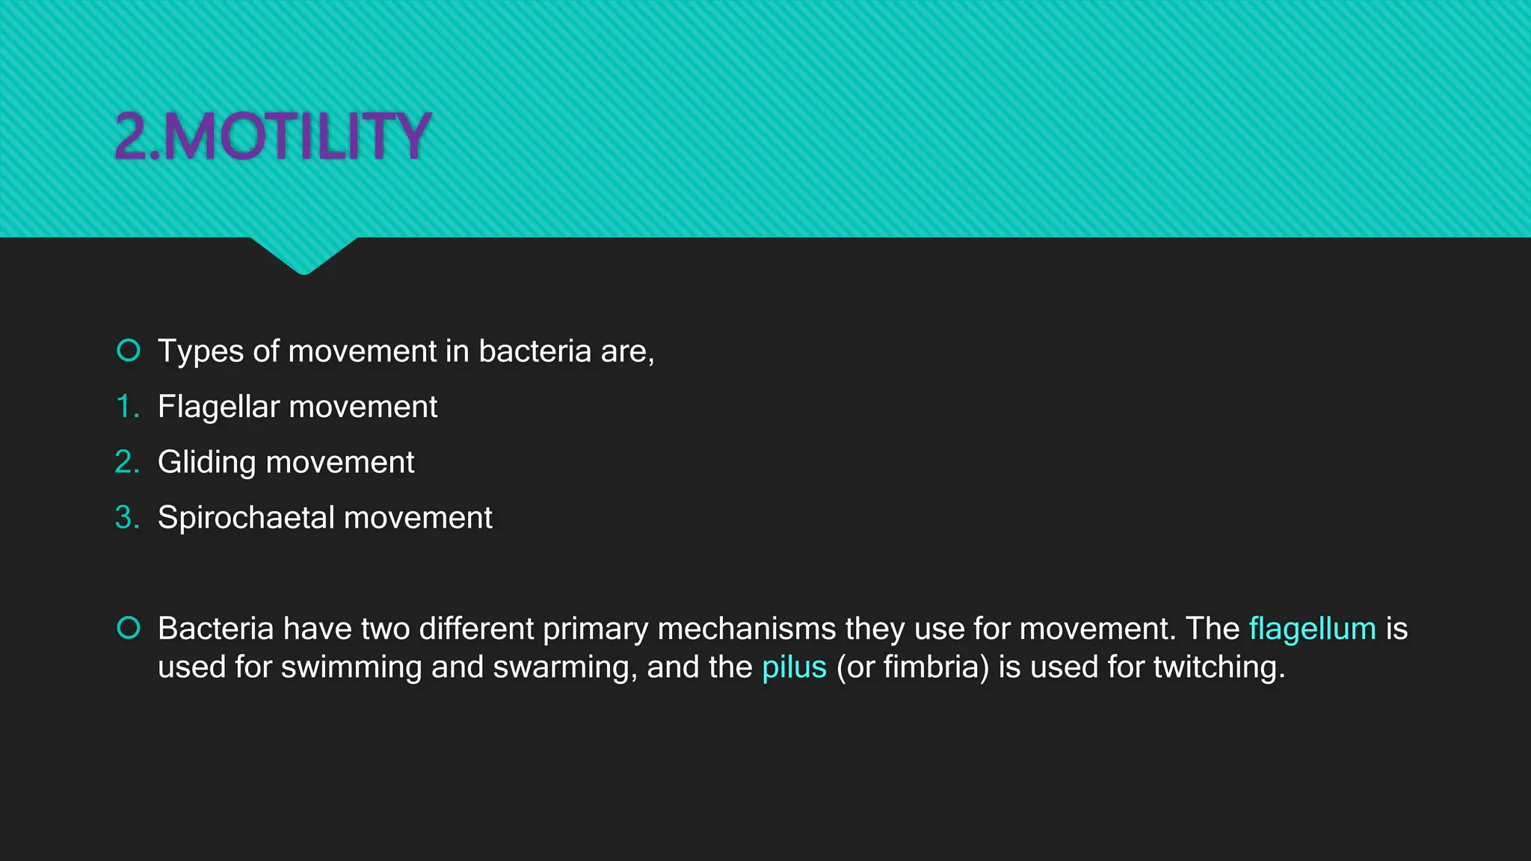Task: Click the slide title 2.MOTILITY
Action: point(273,136)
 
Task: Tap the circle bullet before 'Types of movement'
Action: point(129,350)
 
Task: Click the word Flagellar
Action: point(218,407)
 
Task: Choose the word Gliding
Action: point(206,463)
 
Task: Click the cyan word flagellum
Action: point(1312,629)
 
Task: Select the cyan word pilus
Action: point(794,667)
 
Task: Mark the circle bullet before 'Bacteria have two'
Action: point(129,628)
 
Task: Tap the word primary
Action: point(595,629)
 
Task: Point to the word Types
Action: point(200,351)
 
